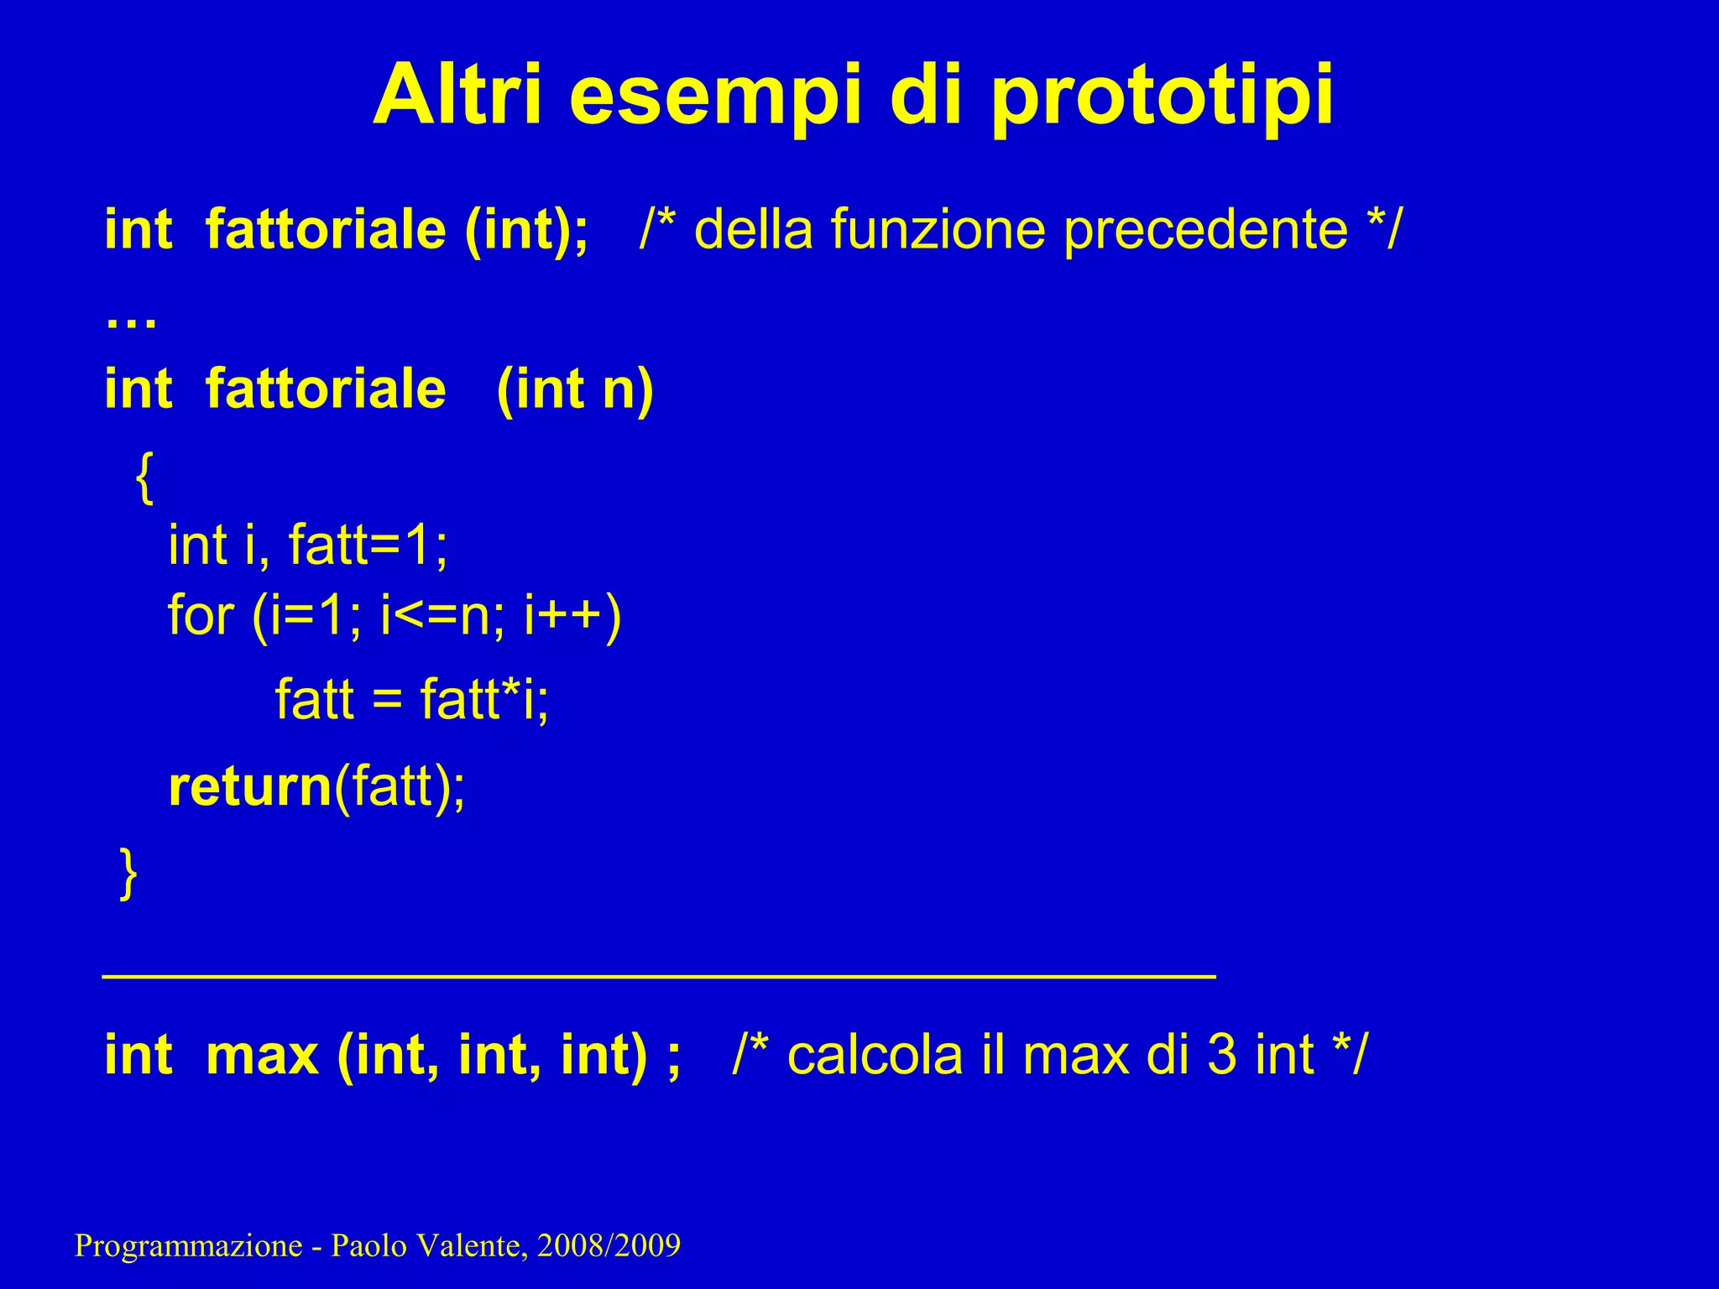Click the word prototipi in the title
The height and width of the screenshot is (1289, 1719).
point(1163,97)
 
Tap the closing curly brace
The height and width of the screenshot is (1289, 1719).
point(128,874)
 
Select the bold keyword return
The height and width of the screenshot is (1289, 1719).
point(250,787)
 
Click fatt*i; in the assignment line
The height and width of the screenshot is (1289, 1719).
point(484,699)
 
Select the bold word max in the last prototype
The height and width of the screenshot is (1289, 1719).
point(262,1055)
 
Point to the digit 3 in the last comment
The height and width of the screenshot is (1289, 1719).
point(1221,1055)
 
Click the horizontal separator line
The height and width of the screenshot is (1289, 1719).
point(659,976)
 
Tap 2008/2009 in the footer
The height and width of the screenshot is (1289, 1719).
point(609,1246)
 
